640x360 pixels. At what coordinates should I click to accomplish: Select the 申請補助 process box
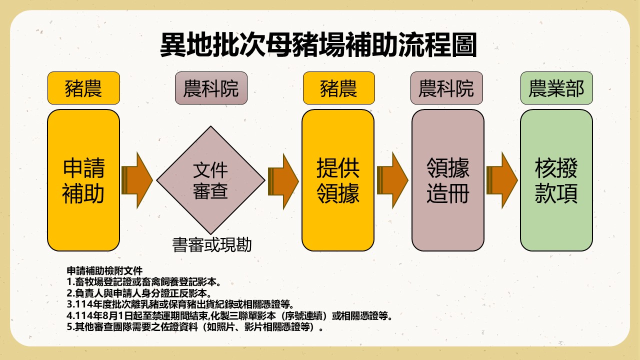83,180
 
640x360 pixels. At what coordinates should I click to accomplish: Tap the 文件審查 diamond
210,180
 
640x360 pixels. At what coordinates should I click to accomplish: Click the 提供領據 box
338,180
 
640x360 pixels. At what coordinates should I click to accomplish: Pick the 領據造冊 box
447,180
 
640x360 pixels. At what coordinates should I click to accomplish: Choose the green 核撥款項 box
556,180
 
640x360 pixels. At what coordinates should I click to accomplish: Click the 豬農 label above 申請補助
83,88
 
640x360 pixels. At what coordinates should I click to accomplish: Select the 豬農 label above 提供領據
338,88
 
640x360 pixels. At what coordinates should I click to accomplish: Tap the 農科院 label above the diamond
211,88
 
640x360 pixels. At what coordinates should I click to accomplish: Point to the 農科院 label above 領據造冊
446,88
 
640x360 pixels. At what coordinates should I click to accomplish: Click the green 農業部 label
556,88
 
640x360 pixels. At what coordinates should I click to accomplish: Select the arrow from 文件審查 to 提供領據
283,180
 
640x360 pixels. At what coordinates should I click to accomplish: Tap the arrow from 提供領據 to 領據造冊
392,180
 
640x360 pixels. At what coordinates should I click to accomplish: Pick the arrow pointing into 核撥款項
501,180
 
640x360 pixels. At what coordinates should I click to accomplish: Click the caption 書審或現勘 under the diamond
211,245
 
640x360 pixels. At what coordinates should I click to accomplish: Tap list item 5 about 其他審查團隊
195,328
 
